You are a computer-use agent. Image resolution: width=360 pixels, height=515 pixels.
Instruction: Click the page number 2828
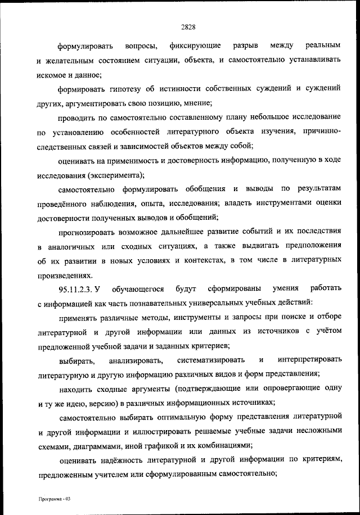(181, 24)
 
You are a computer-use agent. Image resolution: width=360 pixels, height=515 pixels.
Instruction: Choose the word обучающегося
(137, 290)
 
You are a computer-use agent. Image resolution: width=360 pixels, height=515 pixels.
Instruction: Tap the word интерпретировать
(309, 359)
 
